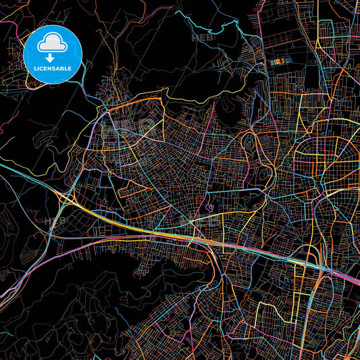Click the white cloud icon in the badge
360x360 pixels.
point(52,43)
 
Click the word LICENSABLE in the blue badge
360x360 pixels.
point(52,68)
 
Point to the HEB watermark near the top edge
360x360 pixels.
point(204,38)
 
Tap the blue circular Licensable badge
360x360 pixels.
point(52,52)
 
